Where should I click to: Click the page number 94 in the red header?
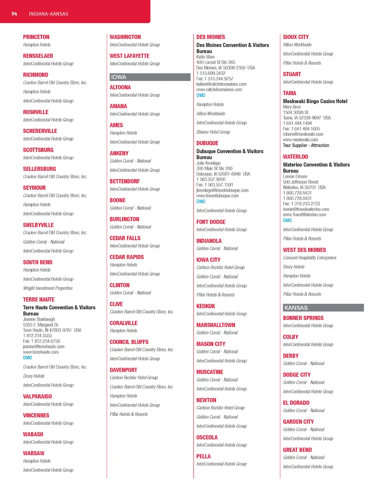[14, 14]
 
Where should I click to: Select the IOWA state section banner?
[150, 77]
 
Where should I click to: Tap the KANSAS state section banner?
[323, 308]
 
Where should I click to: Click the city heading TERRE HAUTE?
[39, 300]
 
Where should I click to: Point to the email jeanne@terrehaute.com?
[43, 346]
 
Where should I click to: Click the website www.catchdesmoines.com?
[219, 90]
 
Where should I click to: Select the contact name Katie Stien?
[205, 57]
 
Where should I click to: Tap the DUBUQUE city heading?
[207, 143]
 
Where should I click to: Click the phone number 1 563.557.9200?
[211, 179]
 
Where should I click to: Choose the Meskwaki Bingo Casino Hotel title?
[315, 101]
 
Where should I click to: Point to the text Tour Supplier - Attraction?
[306, 145]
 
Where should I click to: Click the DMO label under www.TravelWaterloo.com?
[287, 220]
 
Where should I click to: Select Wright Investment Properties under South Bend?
[48, 288]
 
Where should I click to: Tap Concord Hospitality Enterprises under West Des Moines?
[310, 258]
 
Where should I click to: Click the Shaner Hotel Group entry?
[213, 132]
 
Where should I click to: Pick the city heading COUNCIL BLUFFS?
[129, 342]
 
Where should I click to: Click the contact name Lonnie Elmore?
[295, 176]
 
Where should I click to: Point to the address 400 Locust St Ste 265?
[215, 62]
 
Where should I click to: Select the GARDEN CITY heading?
[298, 422]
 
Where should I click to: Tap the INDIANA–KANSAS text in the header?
[48, 14]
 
